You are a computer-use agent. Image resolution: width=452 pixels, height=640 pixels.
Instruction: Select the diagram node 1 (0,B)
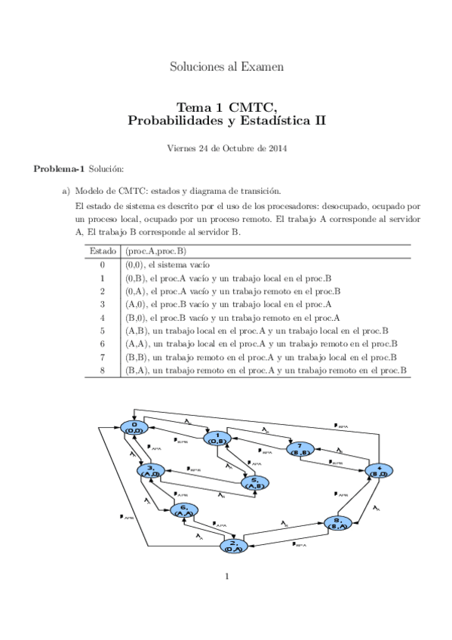tap(217, 437)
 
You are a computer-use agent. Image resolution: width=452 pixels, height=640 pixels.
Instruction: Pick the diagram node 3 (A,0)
tap(151, 471)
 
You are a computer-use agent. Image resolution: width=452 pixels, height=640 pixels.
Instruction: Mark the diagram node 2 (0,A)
tap(234, 546)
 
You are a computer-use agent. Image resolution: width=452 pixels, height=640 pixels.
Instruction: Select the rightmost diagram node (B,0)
tap(379, 470)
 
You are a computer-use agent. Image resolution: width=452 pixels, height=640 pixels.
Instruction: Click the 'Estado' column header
tap(103, 251)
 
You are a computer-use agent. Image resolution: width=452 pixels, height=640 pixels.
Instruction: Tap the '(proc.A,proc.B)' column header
tap(155, 251)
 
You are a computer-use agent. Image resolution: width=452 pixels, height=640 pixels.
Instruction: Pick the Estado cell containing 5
tap(103, 331)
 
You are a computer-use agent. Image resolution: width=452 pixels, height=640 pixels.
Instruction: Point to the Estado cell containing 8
tap(103, 370)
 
